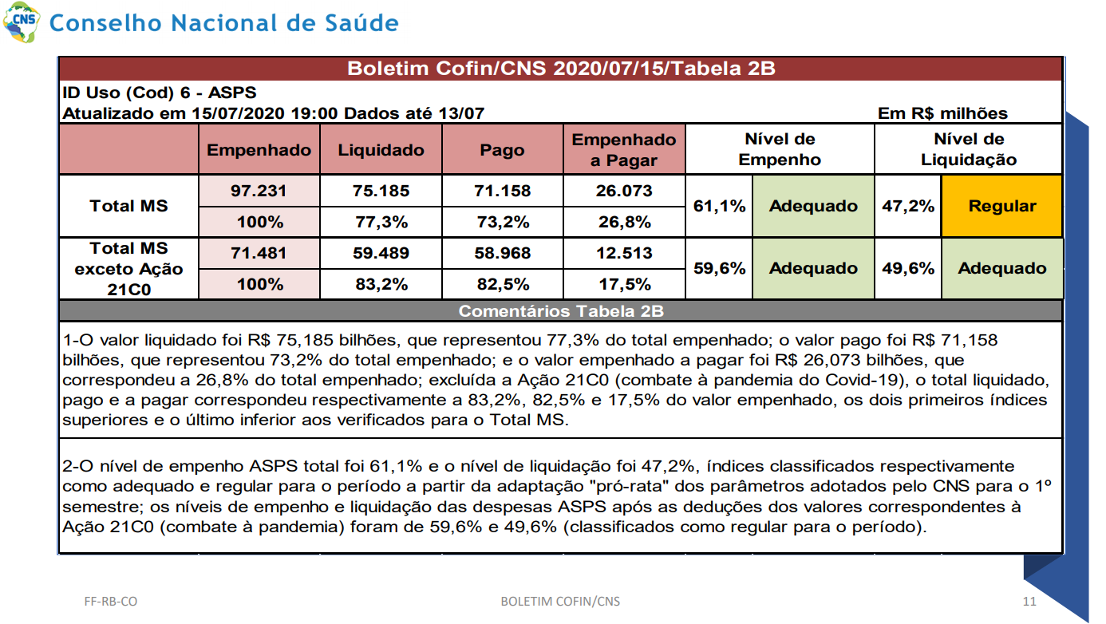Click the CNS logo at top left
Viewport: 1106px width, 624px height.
[22, 22]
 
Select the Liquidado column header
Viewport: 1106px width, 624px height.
[381, 150]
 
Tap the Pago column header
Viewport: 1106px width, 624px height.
[502, 150]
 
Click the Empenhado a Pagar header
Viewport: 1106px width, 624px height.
[624, 150]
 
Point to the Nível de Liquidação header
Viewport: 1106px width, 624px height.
[969, 149]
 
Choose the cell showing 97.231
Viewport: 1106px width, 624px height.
[259, 191]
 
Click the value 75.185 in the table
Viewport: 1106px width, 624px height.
[381, 191]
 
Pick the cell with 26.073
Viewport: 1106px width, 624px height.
[624, 191]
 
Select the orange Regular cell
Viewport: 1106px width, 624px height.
[1002, 206]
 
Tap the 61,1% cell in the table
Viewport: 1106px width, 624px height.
[720, 206]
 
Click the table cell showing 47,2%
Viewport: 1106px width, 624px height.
[908, 206]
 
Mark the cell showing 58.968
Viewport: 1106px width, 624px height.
[502, 253]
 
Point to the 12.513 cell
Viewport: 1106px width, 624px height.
[624, 253]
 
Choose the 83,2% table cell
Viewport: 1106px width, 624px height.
[381, 284]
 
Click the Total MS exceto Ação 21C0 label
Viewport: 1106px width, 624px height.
[128, 269]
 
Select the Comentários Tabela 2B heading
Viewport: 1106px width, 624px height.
[561, 311]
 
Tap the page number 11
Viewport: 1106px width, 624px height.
[1029, 602]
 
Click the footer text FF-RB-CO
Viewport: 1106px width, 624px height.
[111, 602]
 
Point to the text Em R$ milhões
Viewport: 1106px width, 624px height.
[942, 113]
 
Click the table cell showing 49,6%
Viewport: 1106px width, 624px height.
[908, 268]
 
